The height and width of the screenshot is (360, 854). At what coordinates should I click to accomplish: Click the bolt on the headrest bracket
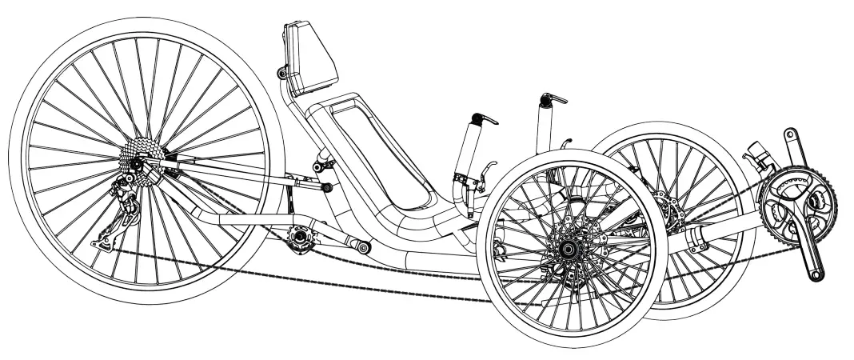click(x=281, y=74)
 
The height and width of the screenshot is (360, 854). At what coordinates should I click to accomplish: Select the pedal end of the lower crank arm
click(x=814, y=274)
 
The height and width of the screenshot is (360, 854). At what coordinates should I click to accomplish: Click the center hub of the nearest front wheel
click(x=570, y=250)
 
